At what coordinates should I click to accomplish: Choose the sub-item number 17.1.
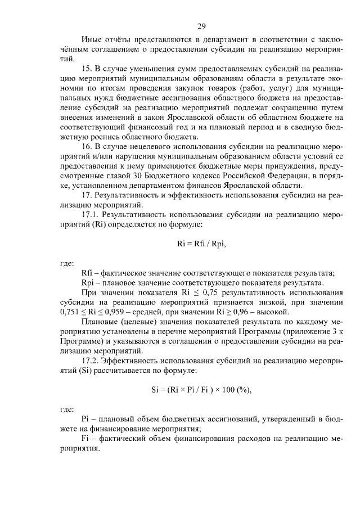(91, 215)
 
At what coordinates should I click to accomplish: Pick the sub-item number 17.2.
(91, 361)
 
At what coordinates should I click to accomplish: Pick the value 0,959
(125, 312)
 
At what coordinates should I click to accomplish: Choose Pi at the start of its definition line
(85, 419)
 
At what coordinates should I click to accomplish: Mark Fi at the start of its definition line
(85, 439)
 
